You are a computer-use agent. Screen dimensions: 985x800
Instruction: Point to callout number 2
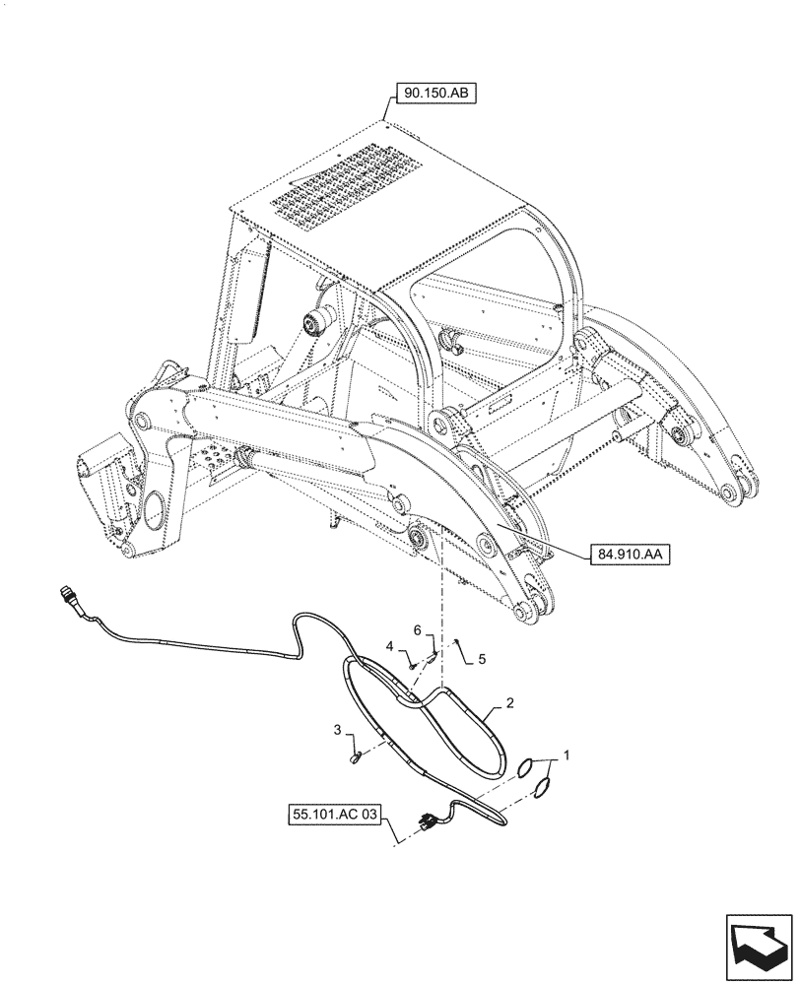tap(510, 703)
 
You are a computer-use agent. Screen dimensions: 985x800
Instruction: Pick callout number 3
tap(338, 730)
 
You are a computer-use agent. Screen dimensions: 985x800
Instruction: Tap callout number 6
tap(417, 628)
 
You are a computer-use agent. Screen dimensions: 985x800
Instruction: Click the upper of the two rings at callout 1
tap(528, 767)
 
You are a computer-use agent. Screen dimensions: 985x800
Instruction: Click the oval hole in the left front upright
tap(155, 508)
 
